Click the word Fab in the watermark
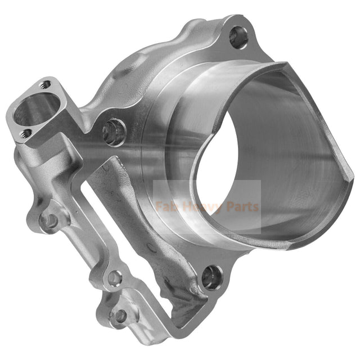(x=168, y=206)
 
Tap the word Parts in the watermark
(x=242, y=206)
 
